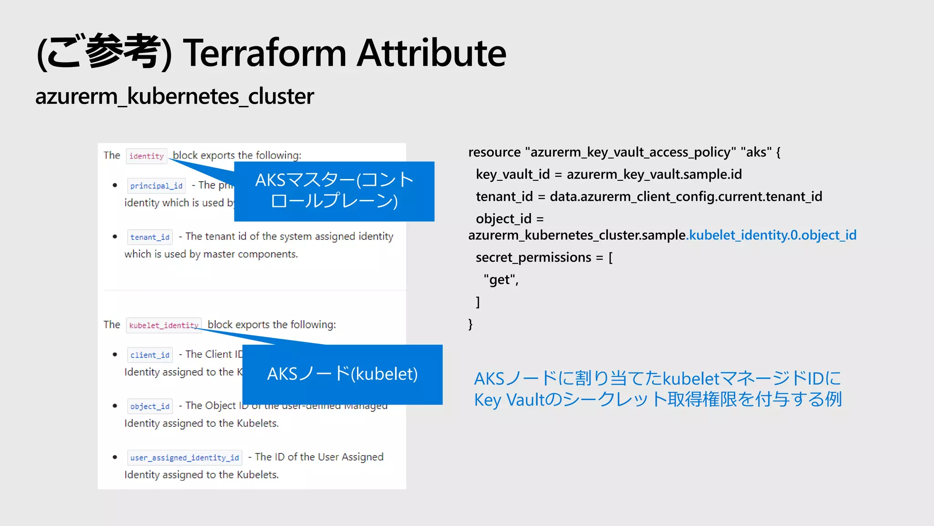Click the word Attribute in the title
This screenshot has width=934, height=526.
point(431,53)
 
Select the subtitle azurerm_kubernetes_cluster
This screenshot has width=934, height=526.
point(174,96)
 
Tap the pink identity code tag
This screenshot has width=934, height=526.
point(146,156)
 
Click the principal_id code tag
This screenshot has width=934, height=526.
point(156,186)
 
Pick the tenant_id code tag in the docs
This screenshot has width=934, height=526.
point(150,237)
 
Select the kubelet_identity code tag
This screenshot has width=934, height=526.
point(164,325)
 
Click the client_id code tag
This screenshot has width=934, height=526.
point(150,355)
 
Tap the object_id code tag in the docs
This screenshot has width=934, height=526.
point(150,406)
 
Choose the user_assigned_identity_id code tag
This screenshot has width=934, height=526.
point(184,458)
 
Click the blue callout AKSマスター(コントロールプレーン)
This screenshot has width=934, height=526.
point(334,191)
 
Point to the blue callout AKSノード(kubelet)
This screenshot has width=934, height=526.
point(342,374)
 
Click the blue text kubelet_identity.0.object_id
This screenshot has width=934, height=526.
point(773,235)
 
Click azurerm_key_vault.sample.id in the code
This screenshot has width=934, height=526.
point(654,174)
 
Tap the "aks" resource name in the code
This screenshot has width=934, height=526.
point(756,152)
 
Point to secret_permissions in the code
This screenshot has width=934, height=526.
point(533,258)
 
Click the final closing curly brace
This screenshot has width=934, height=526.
point(471,324)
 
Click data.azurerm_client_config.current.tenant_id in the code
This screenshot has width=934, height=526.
point(685,197)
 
